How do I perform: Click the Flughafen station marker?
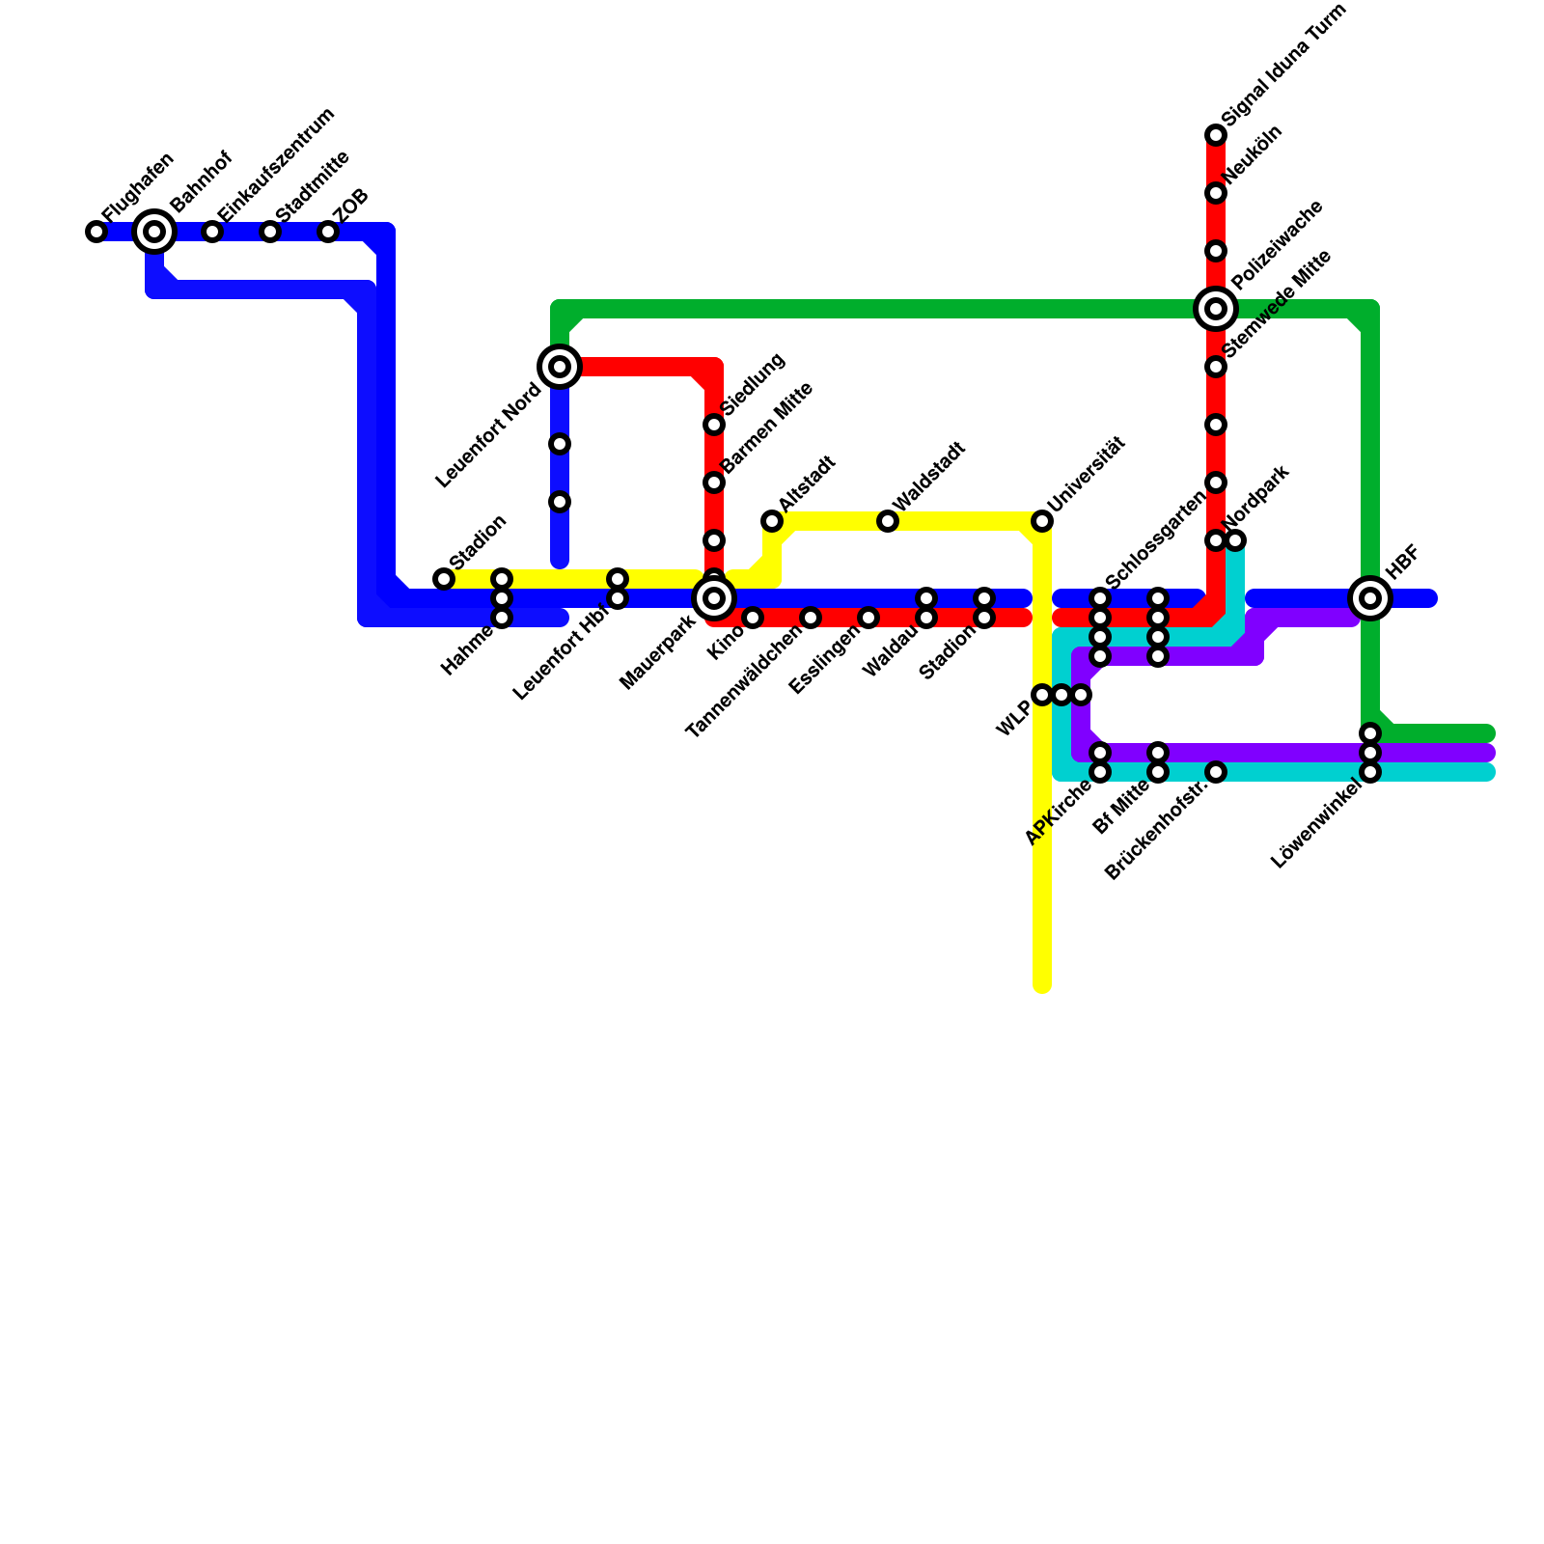[x=96, y=232]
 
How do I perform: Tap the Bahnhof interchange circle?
[x=154, y=232]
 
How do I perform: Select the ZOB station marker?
[x=328, y=232]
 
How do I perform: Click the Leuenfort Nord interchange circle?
[x=560, y=367]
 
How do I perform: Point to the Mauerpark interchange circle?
[x=714, y=598]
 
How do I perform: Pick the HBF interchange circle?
[x=1370, y=598]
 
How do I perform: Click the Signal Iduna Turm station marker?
[x=1216, y=135]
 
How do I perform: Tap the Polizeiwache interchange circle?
[x=1216, y=309]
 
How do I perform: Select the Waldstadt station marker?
[x=888, y=521]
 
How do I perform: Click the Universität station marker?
[x=1042, y=521]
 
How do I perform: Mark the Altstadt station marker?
[x=772, y=521]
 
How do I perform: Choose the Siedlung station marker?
[x=714, y=425]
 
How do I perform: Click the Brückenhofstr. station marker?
[x=1216, y=772]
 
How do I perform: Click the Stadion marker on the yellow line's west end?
[x=444, y=579]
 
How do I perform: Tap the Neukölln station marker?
[x=1216, y=193]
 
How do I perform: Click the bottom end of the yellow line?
[x=1042, y=984]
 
